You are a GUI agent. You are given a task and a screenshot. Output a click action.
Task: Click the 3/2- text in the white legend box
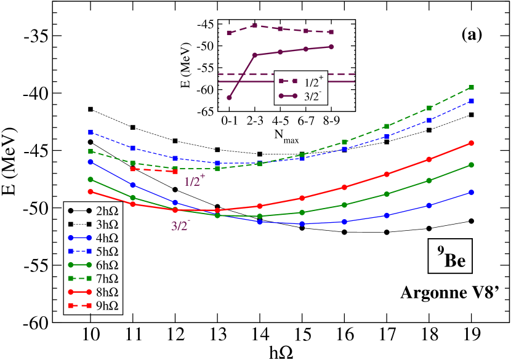313,96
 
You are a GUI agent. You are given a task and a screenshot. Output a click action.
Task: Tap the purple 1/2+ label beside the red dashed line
194,181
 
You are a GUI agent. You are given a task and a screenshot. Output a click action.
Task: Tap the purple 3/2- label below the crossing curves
180,226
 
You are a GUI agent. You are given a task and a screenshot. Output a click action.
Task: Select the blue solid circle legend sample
79,238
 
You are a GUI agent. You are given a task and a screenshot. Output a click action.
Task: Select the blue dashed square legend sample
79,251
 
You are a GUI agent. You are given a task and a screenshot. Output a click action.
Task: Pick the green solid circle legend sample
79,265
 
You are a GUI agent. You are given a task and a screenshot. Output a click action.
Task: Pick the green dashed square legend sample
79,278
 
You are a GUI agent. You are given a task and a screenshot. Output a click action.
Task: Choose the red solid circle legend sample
79,292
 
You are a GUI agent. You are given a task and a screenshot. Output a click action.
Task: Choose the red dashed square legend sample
79,305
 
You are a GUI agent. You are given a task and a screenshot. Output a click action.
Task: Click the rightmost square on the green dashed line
472,87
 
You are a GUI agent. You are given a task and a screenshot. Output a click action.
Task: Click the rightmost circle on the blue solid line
472,192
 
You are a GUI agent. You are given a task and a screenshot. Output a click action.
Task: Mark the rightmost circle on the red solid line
472,143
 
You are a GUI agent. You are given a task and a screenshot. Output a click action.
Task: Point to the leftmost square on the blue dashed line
91,132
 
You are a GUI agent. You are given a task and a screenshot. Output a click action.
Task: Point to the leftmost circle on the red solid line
91,191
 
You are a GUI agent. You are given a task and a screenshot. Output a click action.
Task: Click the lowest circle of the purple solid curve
229,97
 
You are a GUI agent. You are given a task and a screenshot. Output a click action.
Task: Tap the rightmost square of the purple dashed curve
331,32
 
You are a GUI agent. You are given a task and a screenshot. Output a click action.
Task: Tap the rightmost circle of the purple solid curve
331,47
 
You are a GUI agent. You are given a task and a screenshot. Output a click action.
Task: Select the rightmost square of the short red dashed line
175,172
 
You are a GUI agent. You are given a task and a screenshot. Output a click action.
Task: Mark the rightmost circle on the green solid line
472,165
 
